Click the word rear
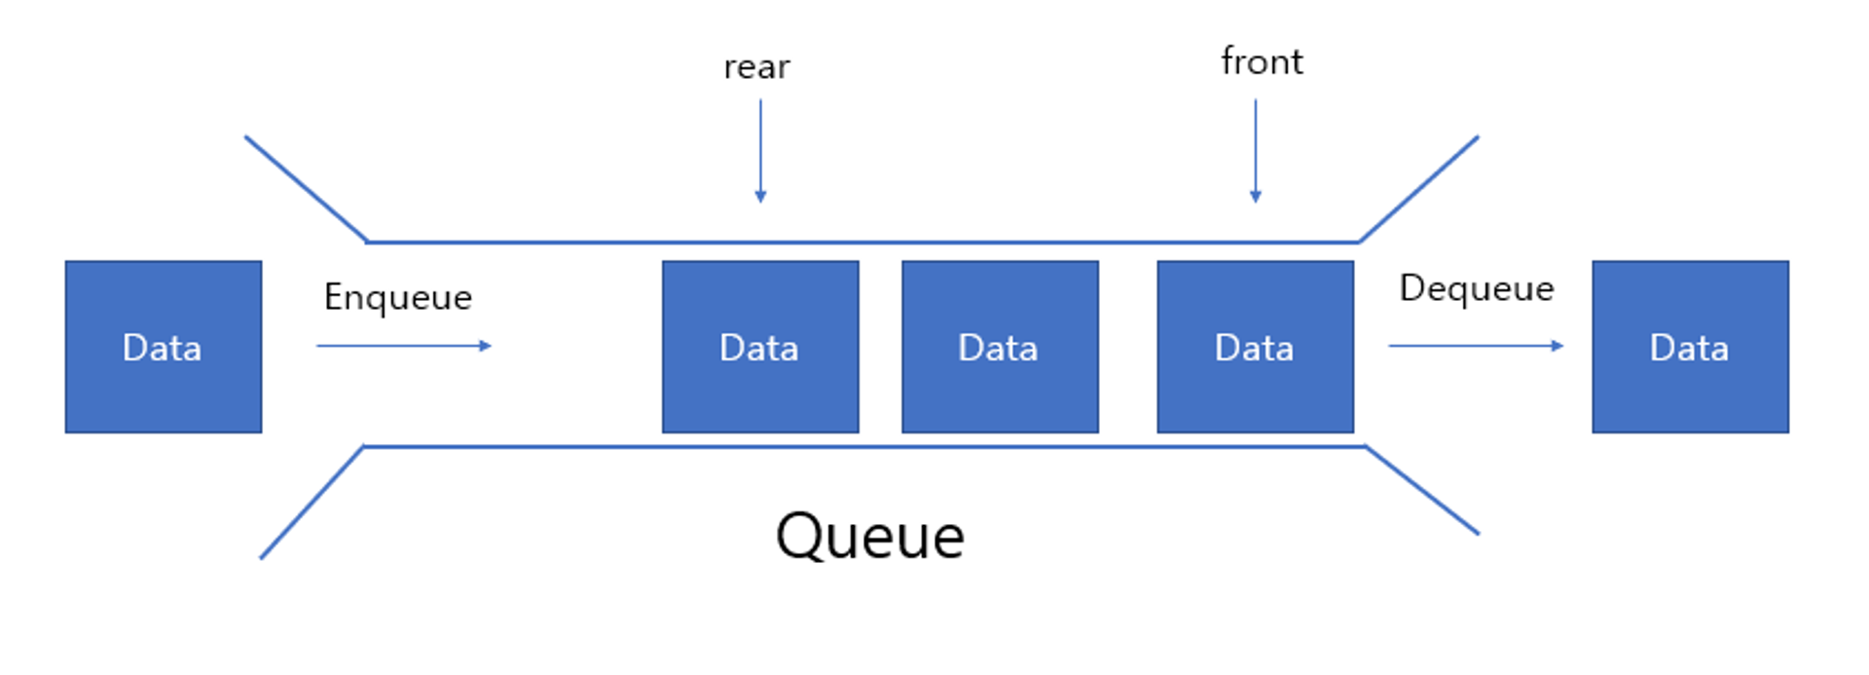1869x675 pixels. coord(756,67)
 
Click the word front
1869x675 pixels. coord(1262,61)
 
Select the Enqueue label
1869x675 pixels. coord(397,296)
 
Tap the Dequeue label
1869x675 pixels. coord(1476,288)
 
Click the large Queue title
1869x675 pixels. coord(869,536)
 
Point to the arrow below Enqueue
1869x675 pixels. coord(403,346)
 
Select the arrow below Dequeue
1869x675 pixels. coord(1475,346)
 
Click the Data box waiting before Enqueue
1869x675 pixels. coord(164,347)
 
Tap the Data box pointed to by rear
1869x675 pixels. coord(760,347)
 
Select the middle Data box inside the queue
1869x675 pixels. coord(1000,347)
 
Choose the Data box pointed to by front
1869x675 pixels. coord(1255,347)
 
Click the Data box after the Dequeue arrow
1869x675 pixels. coord(1690,347)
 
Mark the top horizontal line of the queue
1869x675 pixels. coord(861,242)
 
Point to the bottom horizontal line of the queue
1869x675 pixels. coord(861,447)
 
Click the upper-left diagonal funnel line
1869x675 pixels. coord(306,189)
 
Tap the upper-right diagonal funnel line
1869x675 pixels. coord(1418,189)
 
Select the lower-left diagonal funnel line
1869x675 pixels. coord(311,503)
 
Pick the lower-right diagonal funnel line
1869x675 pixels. coord(1422,490)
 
